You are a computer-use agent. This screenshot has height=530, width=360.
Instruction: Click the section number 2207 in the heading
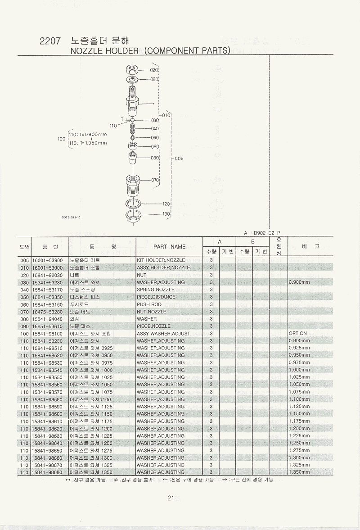point(50,41)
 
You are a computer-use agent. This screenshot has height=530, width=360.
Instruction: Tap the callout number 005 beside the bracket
point(179,159)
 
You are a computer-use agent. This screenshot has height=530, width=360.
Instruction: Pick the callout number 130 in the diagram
point(166,214)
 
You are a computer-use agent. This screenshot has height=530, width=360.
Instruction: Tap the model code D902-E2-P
point(267,233)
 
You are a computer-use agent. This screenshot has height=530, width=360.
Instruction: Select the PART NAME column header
point(170,247)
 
